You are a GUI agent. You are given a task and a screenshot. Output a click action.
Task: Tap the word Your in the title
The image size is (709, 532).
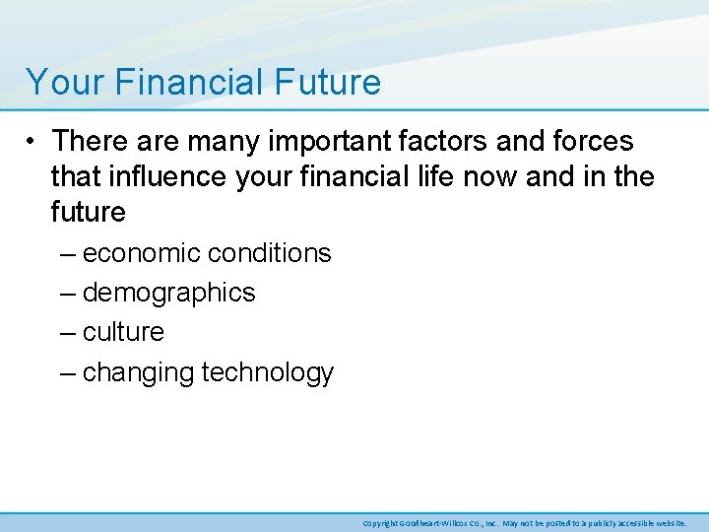click(x=62, y=82)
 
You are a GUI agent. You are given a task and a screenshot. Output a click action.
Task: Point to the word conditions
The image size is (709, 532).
click(x=270, y=253)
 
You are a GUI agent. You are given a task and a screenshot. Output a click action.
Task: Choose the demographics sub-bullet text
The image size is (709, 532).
click(x=168, y=294)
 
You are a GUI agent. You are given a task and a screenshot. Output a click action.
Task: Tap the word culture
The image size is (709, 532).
click(x=123, y=332)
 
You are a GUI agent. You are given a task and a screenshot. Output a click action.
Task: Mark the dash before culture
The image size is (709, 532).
click(x=66, y=332)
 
